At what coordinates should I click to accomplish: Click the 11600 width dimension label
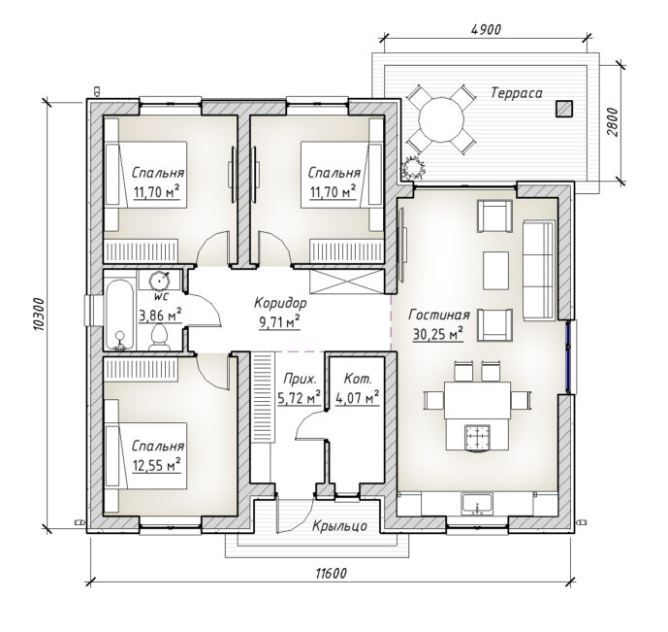tap(331, 573)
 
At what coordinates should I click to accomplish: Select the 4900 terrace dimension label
tap(486, 29)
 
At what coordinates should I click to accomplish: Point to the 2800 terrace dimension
tap(612, 122)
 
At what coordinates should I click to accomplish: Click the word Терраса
tap(517, 93)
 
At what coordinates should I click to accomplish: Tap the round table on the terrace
tap(441, 119)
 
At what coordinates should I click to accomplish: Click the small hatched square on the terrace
tap(563, 109)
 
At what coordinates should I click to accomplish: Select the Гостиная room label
tap(439, 316)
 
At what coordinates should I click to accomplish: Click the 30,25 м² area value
tap(438, 334)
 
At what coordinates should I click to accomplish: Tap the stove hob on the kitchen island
tap(477, 438)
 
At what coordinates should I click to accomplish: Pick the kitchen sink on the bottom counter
tap(478, 504)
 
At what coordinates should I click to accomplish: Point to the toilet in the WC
tap(160, 337)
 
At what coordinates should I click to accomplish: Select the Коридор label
tap(280, 303)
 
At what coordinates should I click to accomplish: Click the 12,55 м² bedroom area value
tap(157, 465)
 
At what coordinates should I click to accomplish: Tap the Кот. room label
tap(358, 379)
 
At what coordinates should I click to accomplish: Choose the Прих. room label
tap(300, 379)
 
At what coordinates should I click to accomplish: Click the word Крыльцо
tap(339, 526)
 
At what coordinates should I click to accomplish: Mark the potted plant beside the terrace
tap(414, 168)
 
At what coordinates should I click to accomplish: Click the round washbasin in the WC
tap(160, 281)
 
